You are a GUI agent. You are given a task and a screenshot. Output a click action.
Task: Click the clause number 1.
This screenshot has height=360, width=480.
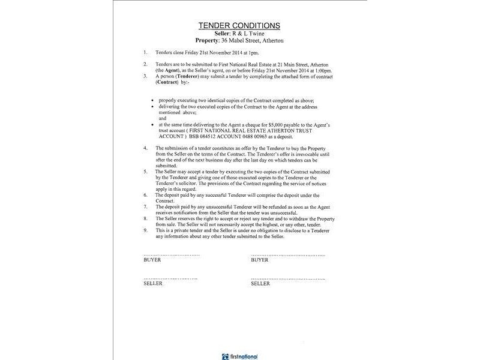(145, 53)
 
